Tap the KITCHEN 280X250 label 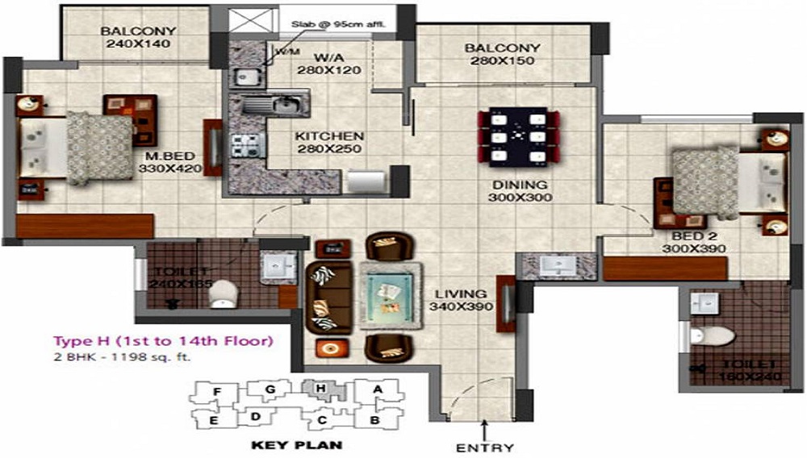coord(328,143)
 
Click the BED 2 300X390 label coord(700,243)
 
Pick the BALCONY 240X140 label coord(139,38)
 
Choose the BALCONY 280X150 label coord(502,55)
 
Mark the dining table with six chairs coord(521,136)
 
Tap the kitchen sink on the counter coord(274,103)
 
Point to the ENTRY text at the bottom coord(484,448)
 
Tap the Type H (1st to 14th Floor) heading coord(162,340)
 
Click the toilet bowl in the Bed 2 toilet coord(713,334)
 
